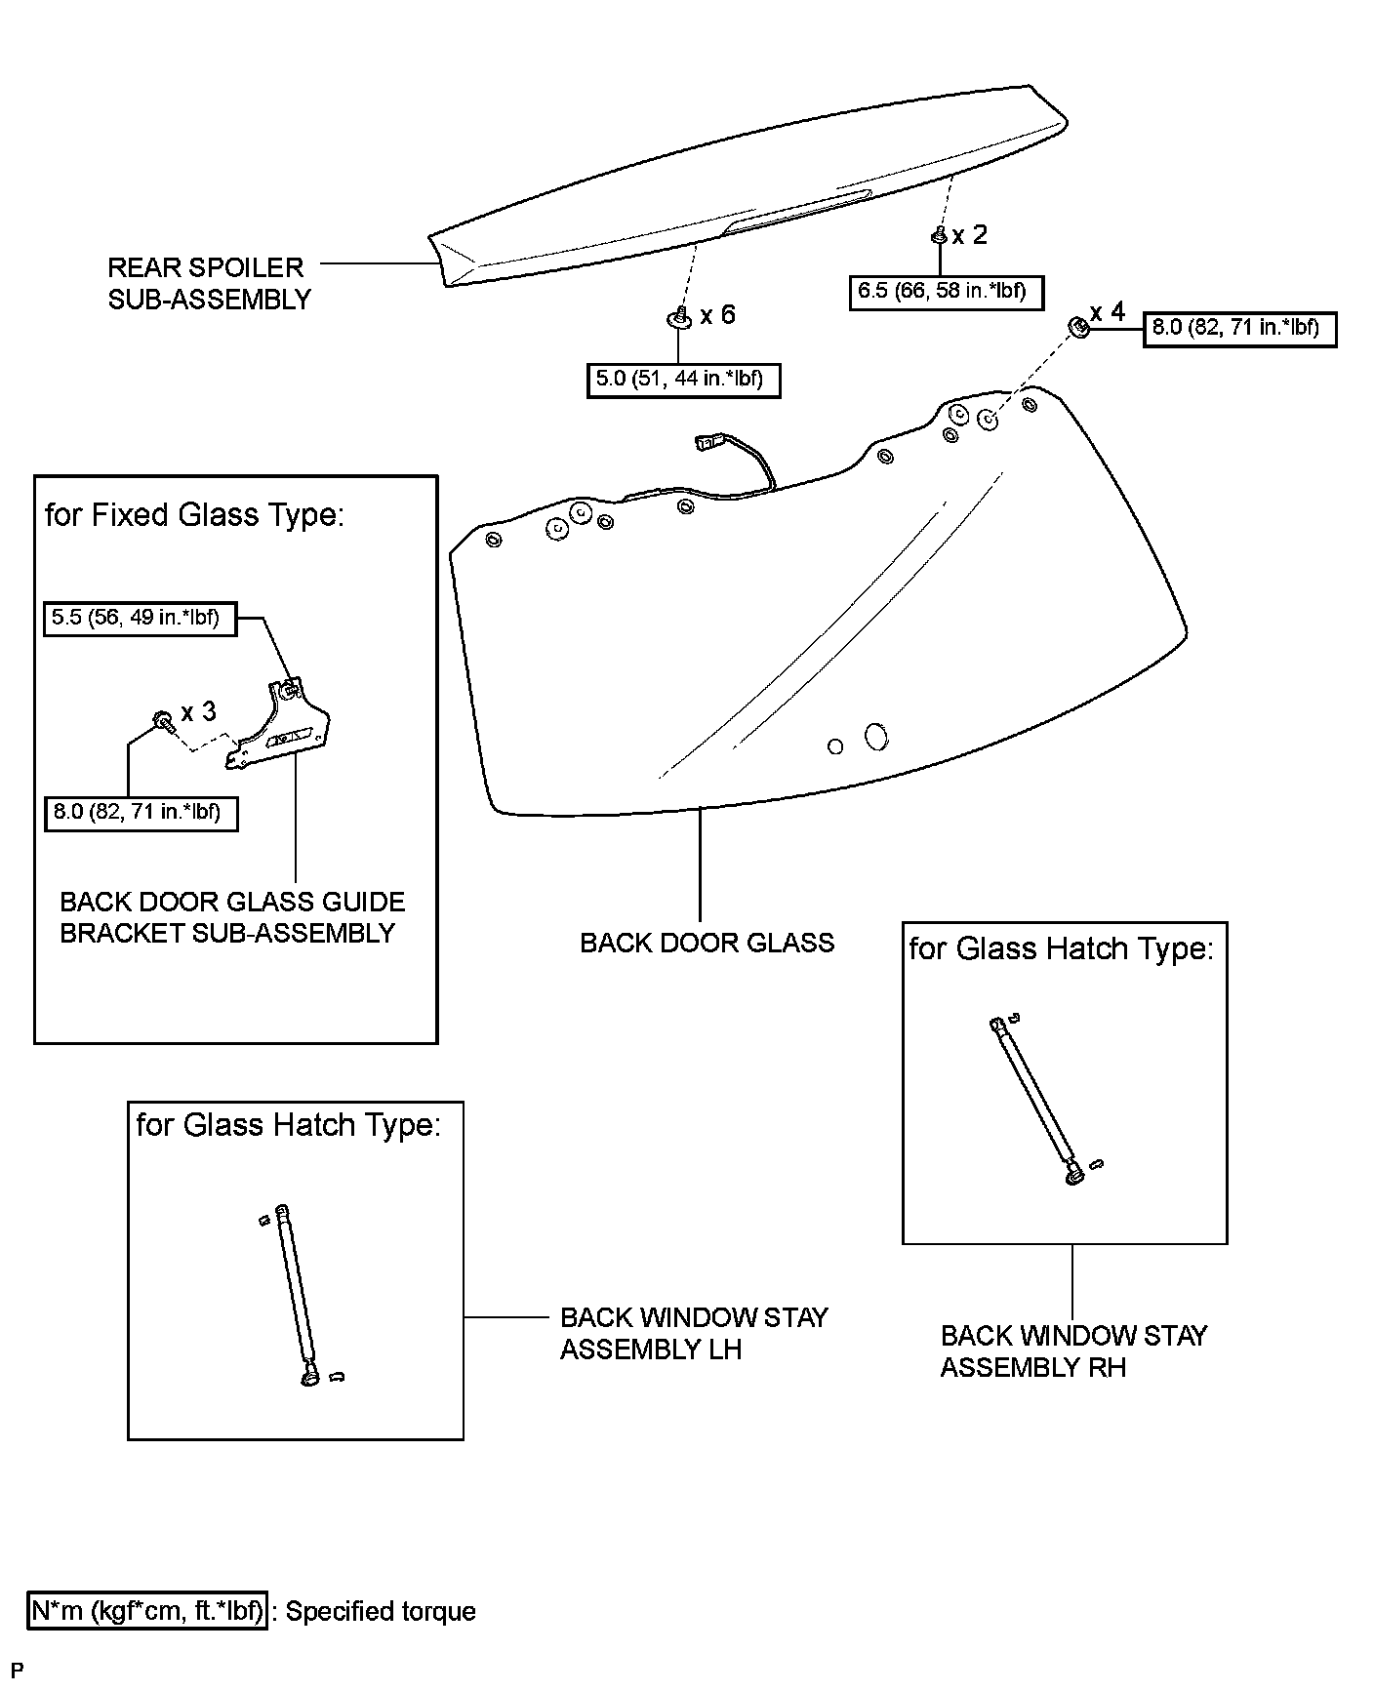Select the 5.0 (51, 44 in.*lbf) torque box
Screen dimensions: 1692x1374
[x=683, y=379]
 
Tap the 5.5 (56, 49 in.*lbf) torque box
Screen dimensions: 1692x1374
[x=141, y=618]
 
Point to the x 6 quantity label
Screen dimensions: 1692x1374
[x=717, y=315]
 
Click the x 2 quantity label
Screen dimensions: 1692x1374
[x=970, y=235]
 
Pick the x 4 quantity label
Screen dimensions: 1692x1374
[x=1108, y=312]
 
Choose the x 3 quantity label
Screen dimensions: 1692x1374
[x=198, y=712]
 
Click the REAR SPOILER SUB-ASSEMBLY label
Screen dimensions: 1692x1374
[x=208, y=283]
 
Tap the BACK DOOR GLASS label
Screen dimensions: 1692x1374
[x=707, y=943]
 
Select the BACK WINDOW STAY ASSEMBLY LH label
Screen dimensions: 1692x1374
[x=693, y=1334]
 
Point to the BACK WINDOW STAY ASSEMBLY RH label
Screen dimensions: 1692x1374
[x=1073, y=1351]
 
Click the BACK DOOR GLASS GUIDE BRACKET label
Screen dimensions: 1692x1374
[x=232, y=917]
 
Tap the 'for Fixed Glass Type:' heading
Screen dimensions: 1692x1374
[x=194, y=515]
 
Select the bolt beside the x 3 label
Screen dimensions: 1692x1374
[x=161, y=721]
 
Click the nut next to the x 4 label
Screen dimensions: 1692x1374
[x=1077, y=327]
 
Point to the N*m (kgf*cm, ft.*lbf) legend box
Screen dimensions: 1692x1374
[x=147, y=1611]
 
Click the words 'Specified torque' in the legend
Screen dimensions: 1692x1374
[x=381, y=1611]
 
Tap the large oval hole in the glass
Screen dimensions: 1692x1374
[x=876, y=737]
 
